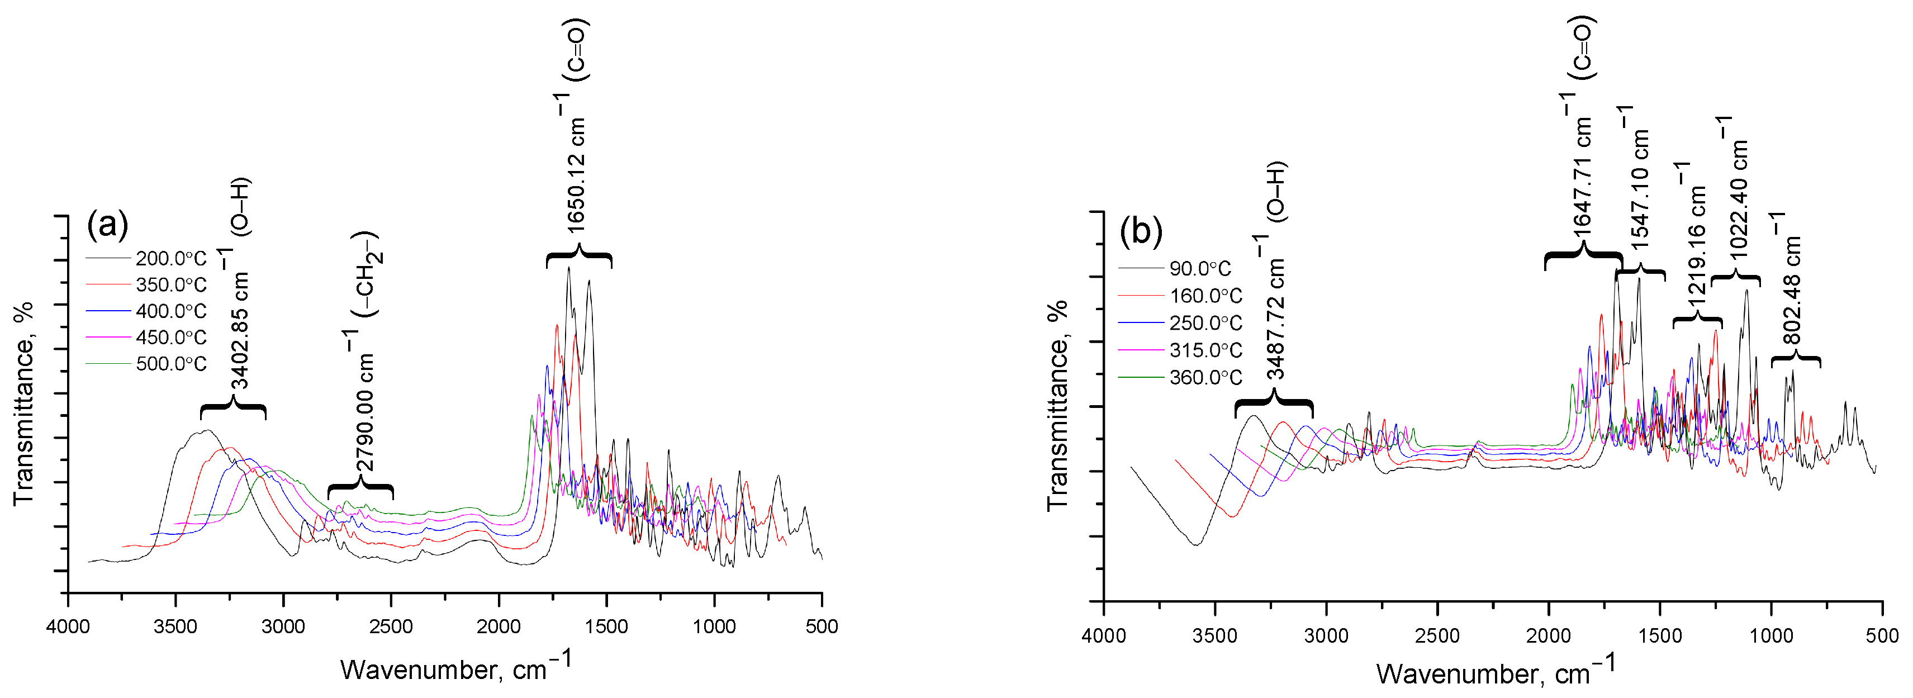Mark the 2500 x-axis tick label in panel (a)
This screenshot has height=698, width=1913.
[x=391, y=626]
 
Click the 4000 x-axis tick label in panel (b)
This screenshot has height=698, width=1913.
[x=1104, y=637]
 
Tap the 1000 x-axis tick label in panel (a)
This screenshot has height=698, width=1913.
[x=714, y=626]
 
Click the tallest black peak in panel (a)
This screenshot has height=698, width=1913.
[x=569, y=269]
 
